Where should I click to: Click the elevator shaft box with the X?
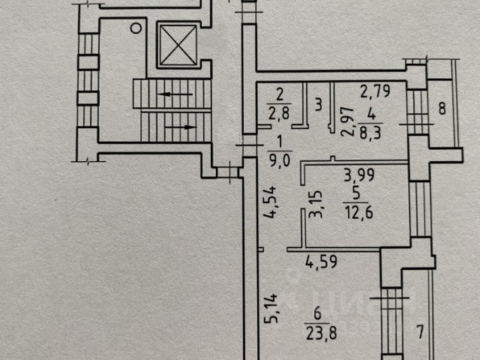point(178,45)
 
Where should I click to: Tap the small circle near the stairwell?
point(136,28)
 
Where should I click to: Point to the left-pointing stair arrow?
point(175,94)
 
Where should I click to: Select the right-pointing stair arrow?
point(181,127)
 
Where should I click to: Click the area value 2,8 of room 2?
point(278,113)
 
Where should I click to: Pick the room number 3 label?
point(318,104)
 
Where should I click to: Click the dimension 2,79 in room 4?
point(375,91)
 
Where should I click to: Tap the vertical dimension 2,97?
point(347,121)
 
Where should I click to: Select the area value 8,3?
point(370,133)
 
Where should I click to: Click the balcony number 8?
point(442,108)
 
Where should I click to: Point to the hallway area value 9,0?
point(280,160)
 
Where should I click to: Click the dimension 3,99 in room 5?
point(359,175)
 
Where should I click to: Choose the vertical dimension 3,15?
point(316,204)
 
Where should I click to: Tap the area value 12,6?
point(358,212)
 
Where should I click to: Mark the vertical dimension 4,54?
point(271,202)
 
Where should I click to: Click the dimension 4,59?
point(322,262)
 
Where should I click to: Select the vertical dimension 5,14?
point(271,308)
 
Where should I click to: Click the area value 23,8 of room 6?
point(321,333)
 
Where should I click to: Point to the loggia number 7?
point(421,332)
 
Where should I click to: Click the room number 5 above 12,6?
point(356,193)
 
